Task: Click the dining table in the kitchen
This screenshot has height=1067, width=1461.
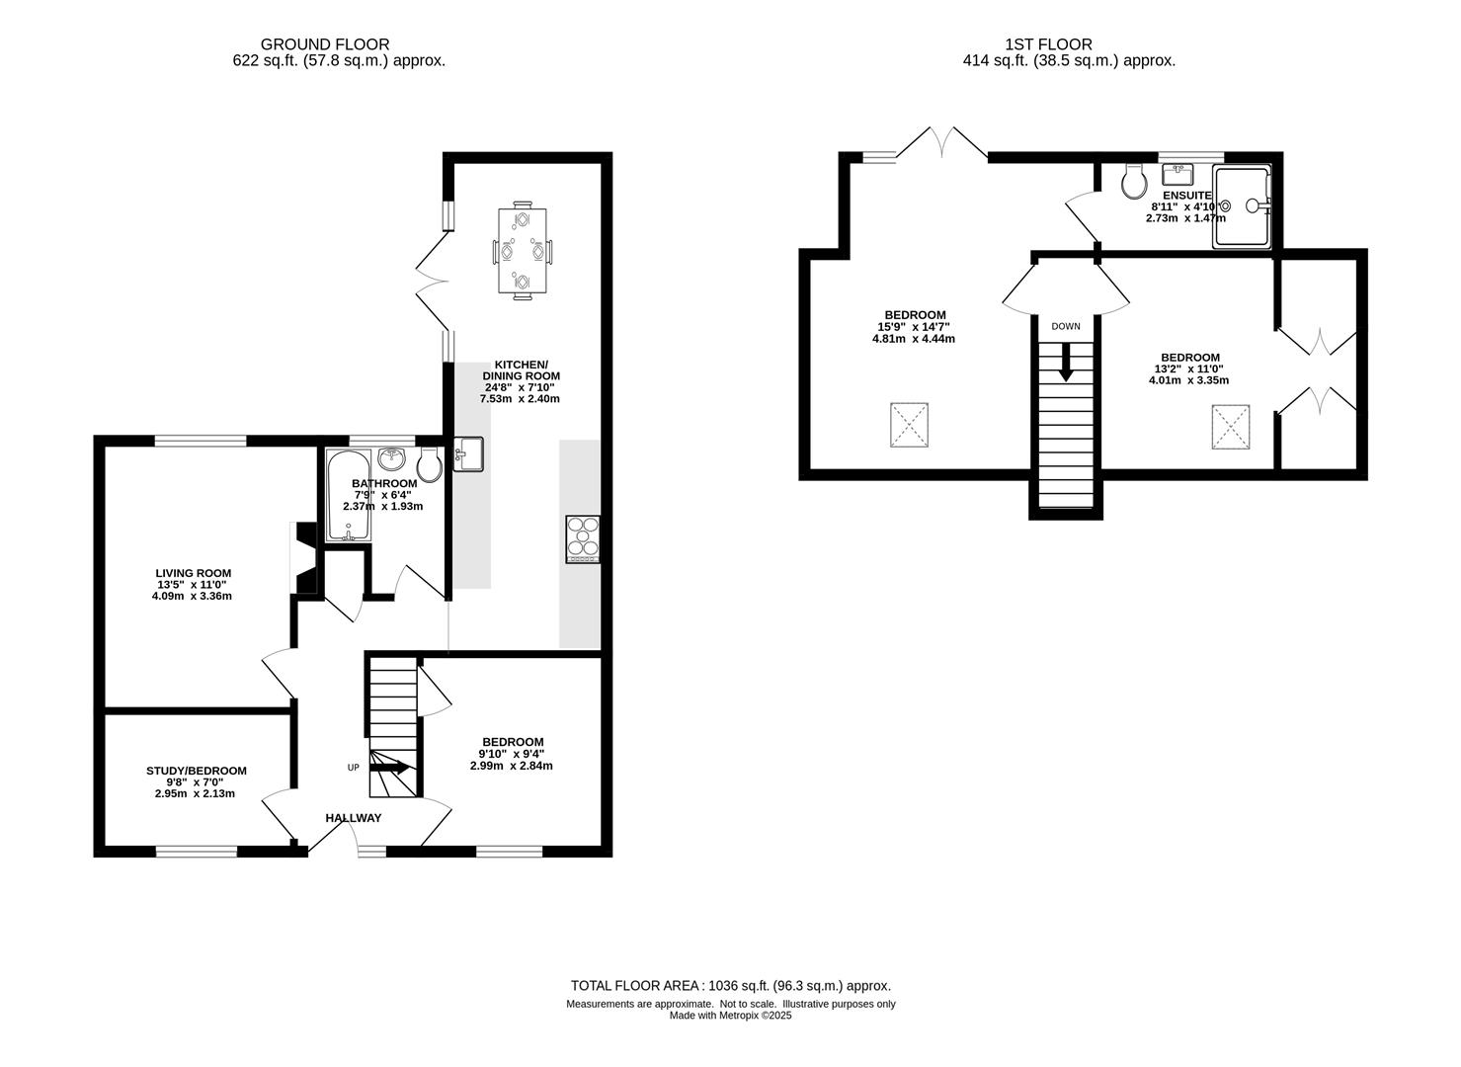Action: (x=522, y=250)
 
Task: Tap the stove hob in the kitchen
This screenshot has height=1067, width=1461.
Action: (x=583, y=539)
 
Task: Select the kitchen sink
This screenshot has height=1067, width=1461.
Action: (x=468, y=453)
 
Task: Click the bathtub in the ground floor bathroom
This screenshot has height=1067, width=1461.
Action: (x=349, y=496)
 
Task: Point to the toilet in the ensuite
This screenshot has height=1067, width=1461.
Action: (x=1134, y=181)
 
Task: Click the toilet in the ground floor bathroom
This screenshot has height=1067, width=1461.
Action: (x=429, y=465)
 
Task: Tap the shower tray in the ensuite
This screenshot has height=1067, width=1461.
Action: (x=1241, y=206)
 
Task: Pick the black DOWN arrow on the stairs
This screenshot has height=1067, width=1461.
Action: (x=1066, y=362)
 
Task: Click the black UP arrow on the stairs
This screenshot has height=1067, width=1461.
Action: (x=390, y=768)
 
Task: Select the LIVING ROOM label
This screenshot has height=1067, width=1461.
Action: (x=194, y=573)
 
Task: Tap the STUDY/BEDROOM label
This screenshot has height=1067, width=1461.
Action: (x=197, y=771)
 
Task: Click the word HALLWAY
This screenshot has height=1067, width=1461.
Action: (x=354, y=818)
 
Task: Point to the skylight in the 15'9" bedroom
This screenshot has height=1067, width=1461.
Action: (x=909, y=425)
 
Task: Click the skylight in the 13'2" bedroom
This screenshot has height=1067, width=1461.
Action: (x=1231, y=427)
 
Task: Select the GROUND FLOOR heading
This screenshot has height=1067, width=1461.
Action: (x=325, y=44)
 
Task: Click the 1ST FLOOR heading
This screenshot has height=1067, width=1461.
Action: (x=1048, y=44)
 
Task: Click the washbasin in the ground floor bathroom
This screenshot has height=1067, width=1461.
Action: (x=392, y=458)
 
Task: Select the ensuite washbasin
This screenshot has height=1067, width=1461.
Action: (x=1177, y=175)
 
